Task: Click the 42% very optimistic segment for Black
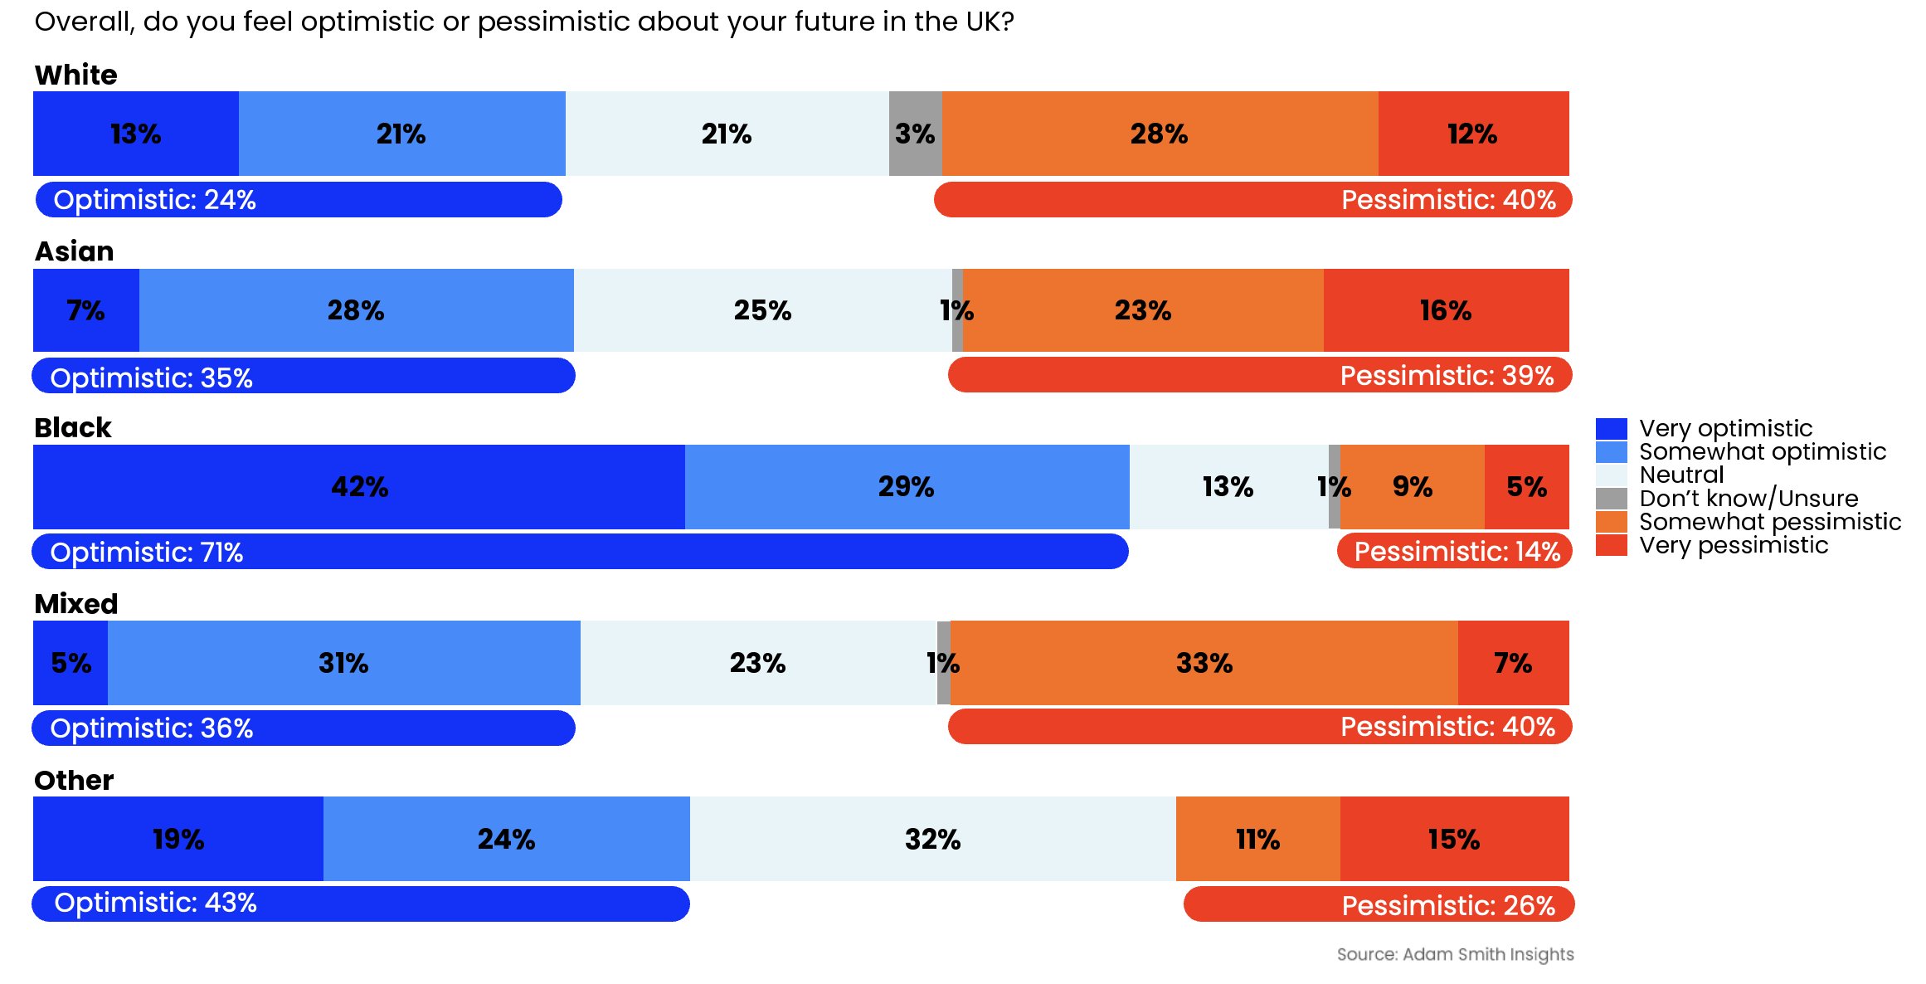359,487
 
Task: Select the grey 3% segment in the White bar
915,134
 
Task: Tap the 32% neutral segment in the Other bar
932,839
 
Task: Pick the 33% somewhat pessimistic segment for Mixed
1204,663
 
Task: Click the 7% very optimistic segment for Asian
85,310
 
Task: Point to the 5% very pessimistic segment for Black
1526,487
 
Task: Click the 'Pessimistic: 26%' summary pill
1378,904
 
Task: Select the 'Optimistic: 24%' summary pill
299,200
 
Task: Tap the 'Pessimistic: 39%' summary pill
1259,376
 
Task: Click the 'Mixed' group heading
76,604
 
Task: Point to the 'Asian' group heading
74,251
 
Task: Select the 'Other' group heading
74,781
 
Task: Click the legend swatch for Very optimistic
1611,429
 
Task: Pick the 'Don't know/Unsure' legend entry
1748,499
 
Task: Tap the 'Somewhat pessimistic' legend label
1770,522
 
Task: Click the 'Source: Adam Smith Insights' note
1455,954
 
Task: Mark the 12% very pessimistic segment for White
1473,134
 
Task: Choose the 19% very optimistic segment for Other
178,839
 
